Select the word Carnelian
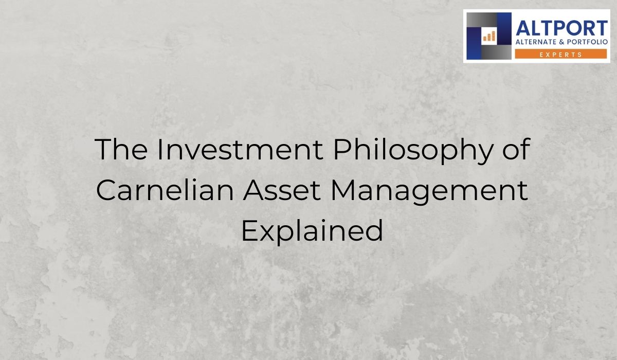[164, 191]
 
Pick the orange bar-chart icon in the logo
[488, 35]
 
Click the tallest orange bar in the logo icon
[493, 34]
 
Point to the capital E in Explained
[248, 231]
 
